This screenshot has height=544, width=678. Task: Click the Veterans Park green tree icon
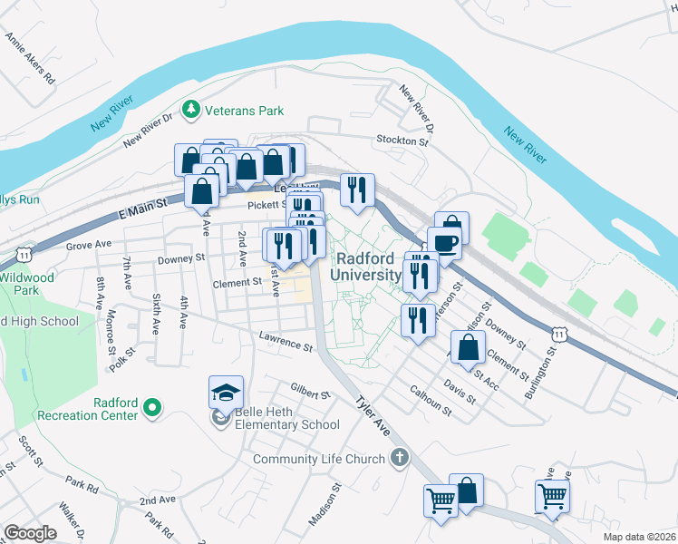point(190,111)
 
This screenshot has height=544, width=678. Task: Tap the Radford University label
point(366,266)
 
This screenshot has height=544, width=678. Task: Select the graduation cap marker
point(226,393)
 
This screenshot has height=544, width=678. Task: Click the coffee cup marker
point(444,243)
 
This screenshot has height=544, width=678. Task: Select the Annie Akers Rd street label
point(30,60)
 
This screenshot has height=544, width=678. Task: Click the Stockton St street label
point(402,141)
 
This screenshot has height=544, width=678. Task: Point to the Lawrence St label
point(285,343)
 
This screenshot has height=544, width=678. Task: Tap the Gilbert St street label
point(310,392)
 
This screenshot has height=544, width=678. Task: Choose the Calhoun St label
point(430,399)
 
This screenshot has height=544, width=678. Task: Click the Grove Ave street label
point(88,245)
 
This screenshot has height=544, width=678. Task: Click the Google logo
point(30,533)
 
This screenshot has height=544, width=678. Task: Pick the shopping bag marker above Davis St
point(467,348)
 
